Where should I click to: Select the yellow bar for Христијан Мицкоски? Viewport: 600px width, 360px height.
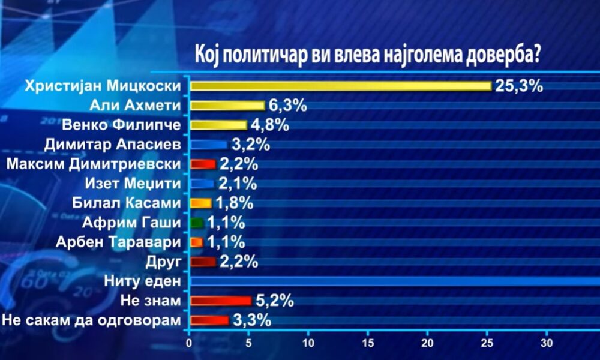[340, 86]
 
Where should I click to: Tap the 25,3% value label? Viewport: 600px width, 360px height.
[519, 85]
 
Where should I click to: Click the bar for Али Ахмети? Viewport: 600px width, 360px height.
[227, 106]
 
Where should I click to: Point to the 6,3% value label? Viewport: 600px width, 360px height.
[287, 106]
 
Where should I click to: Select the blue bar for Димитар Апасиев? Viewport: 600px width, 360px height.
[208, 145]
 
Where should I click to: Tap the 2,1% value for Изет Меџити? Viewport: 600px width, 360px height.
[238, 183]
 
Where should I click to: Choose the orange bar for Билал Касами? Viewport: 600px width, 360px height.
[200, 203]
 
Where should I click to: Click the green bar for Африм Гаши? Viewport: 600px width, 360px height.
[197, 223]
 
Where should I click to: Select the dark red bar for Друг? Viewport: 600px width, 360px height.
[202, 262]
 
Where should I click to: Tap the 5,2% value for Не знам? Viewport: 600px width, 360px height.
[274, 301]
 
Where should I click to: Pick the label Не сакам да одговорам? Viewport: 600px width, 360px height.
[91, 320]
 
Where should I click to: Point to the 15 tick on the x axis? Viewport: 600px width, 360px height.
[368, 344]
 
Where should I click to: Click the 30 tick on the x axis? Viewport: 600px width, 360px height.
[546, 344]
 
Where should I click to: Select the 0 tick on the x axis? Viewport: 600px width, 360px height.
[190, 344]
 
